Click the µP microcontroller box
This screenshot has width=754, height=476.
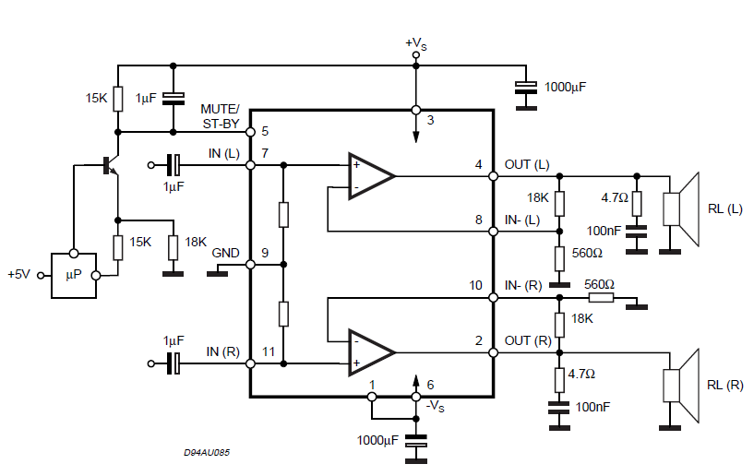click(x=73, y=275)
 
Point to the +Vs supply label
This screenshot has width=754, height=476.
click(x=416, y=42)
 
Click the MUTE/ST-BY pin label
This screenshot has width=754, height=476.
click(x=220, y=115)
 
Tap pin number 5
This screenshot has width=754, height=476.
click(x=265, y=131)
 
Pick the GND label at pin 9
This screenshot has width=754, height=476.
click(x=225, y=253)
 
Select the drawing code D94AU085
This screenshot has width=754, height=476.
click(x=207, y=453)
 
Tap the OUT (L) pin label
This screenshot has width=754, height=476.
click(x=527, y=165)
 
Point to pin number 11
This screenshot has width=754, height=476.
click(x=268, y=351)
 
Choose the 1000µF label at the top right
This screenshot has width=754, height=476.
click(x=565, y=87)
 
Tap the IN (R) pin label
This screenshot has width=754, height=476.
click(x=223, y=351)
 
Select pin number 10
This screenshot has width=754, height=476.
click(x=475, y=286)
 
